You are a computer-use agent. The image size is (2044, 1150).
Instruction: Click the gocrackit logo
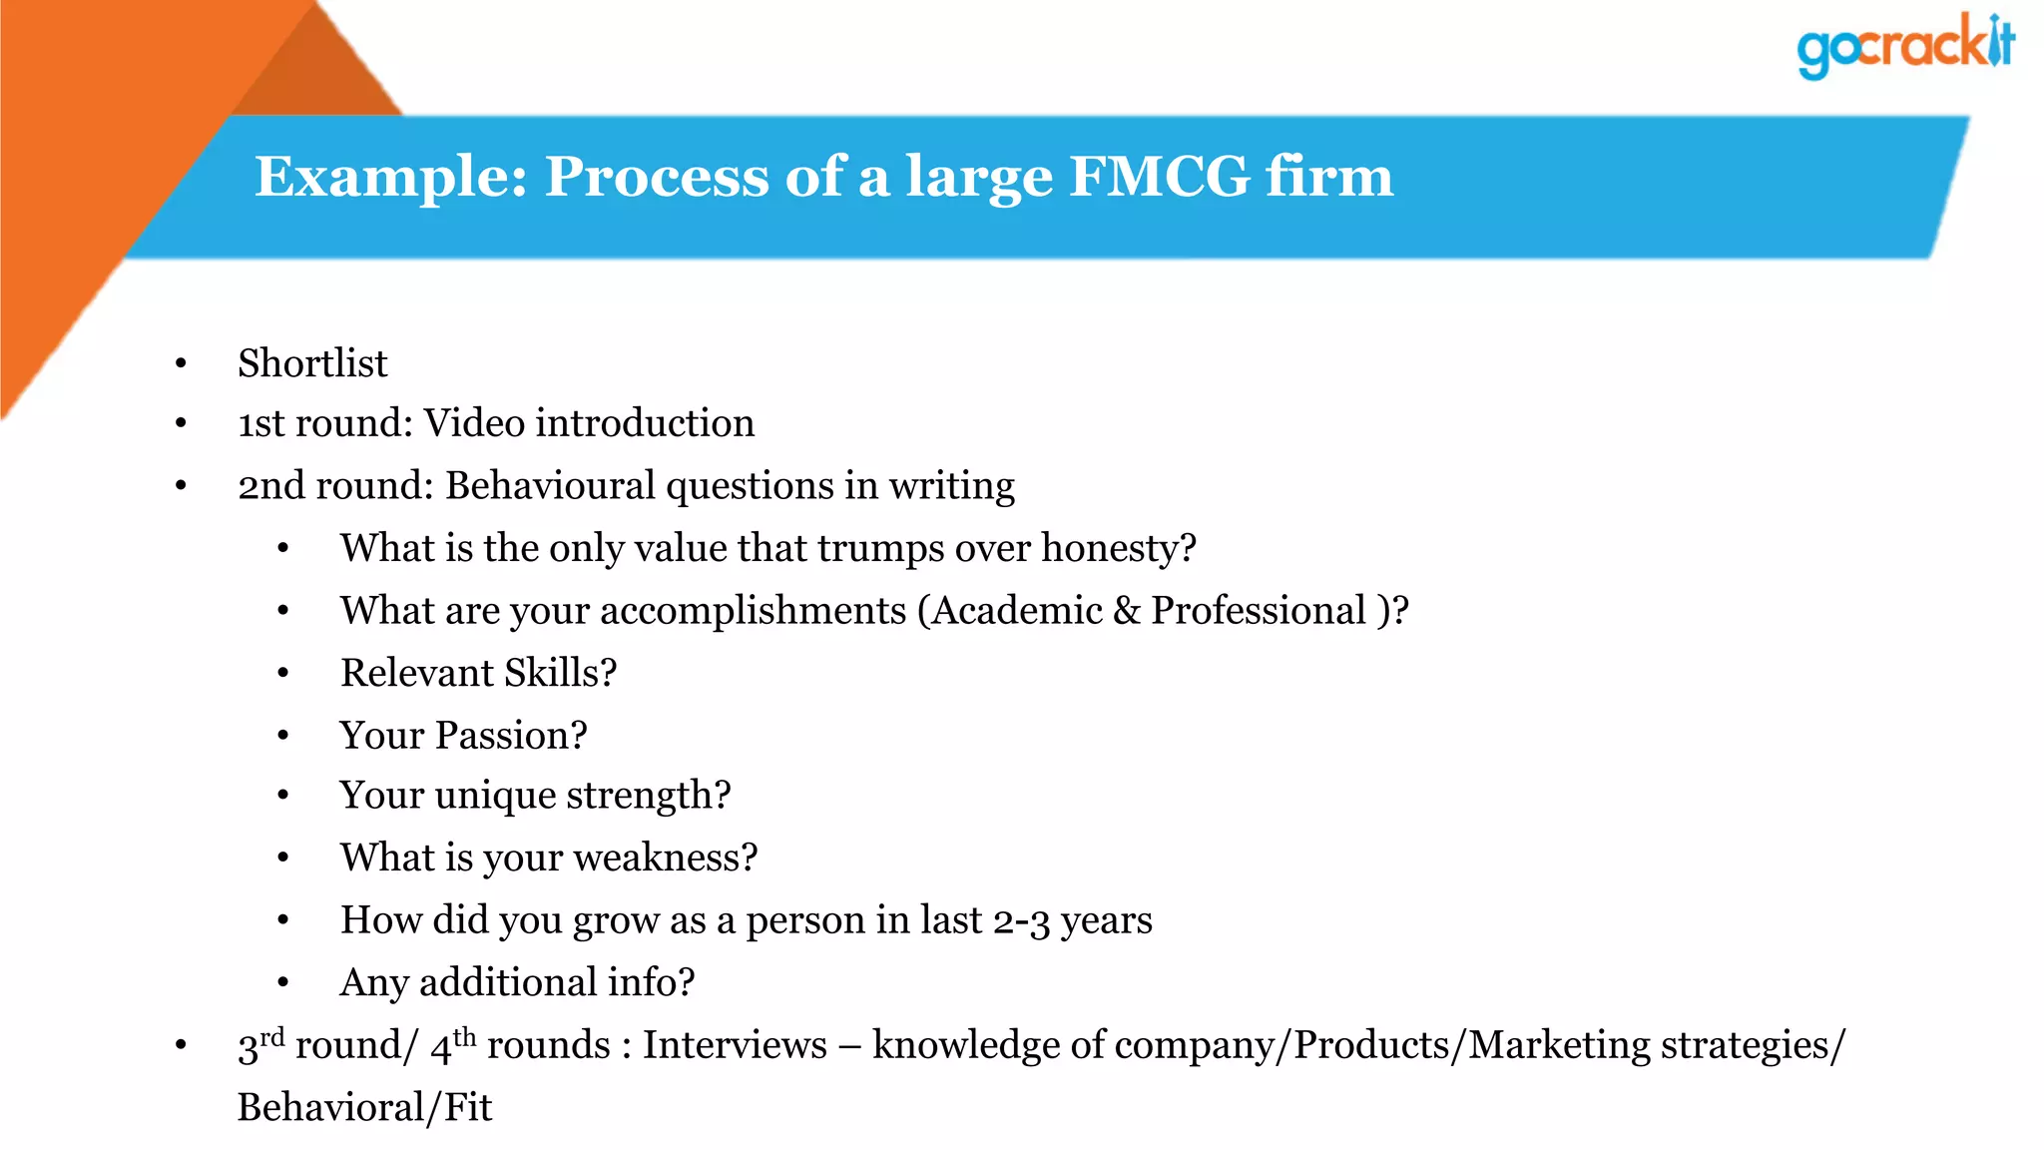1904,46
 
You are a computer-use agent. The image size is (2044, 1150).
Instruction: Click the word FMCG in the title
1159,177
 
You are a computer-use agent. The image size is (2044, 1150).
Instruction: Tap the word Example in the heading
390,177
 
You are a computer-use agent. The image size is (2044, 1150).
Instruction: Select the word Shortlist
312,363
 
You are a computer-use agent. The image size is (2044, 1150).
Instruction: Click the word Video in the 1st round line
474,423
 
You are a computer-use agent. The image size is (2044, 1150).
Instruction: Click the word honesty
1118,548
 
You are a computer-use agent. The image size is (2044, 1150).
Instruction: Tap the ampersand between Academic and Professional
1126,611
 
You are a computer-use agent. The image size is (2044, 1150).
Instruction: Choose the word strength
649,796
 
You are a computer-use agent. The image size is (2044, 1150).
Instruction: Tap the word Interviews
735,1045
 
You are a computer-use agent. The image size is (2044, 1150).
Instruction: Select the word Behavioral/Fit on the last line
364,1107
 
